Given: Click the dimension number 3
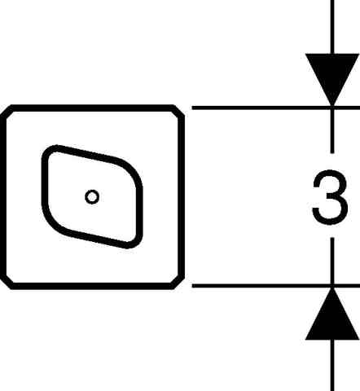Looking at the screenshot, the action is [330, 197].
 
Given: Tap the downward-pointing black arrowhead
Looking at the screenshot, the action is [332, 76].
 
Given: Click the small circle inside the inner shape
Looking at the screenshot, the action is [92, 197].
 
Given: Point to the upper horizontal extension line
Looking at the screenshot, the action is [276, 108].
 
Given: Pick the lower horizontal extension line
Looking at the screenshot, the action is [276, 286].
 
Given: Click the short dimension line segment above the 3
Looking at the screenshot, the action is [332, 130].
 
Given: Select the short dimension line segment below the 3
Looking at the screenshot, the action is [332, 261].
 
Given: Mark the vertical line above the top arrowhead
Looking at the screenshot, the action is [332, 27].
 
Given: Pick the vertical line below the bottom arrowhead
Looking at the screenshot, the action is [332, 365].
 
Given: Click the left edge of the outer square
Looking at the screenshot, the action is [3, 197].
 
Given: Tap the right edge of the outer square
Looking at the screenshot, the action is [182, 197].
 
